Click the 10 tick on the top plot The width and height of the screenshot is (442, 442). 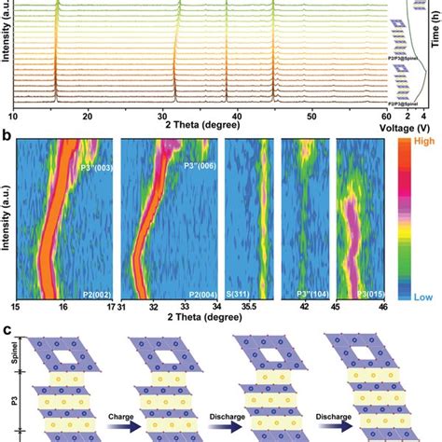(x=14, y=117)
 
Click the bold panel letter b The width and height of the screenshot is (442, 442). (x=7, y=136)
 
